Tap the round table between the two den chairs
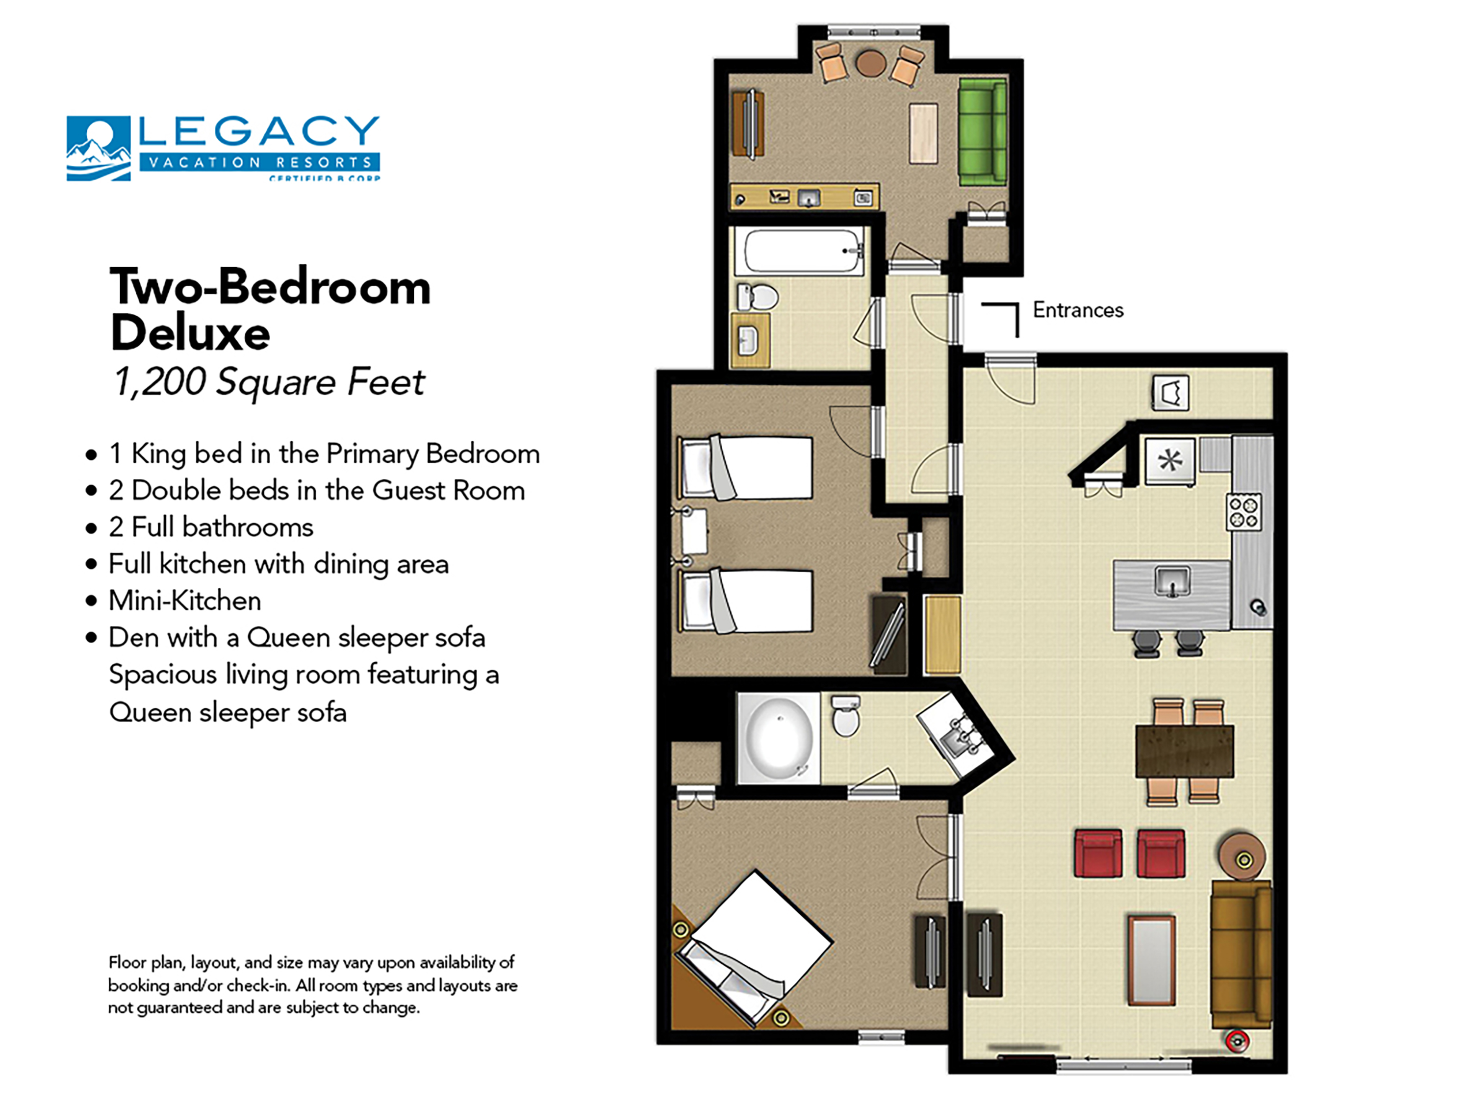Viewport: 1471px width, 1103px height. pyautogui.click(x=870, y=64)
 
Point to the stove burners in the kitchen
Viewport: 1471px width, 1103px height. pyautogui.click(x=1243, y=512)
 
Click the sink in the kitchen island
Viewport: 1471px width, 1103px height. pyautogui.click(x=1172, y=581)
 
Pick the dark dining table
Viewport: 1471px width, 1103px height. pyautogui.click(x=1184, y=752)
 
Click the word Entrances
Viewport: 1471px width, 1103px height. pyautogui.click(x=1077, y=310)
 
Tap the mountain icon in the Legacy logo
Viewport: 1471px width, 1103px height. pyautogui.click(x=99, y=148)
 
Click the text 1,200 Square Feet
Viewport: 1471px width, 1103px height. pyautogui.click(x=269, y=382)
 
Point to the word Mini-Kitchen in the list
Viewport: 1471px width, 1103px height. pyautogui.click(x=185, y=601)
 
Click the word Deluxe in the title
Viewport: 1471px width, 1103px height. pyautogui.click(x=190, y=332)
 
